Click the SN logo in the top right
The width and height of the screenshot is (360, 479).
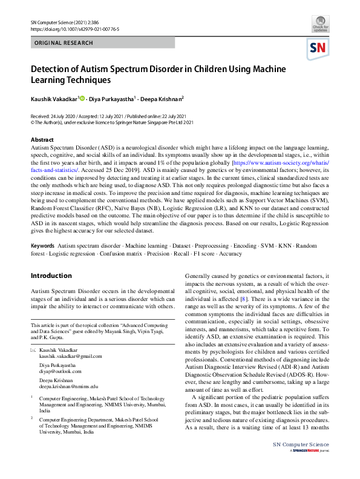[x=319, y=48]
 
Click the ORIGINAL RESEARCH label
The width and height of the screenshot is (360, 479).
[x=64, y=43]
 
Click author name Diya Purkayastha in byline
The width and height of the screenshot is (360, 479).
[x=113, y=98]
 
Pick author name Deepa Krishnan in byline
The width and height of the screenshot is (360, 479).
[x=161, y=98]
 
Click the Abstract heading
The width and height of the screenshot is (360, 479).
[x=42, y=140]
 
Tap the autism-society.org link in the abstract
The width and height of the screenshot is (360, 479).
[x=275, y=164]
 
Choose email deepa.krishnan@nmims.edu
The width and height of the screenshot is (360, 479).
[x=68, y=386]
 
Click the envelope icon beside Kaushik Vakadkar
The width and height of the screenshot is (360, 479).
[x=33, y=351]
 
